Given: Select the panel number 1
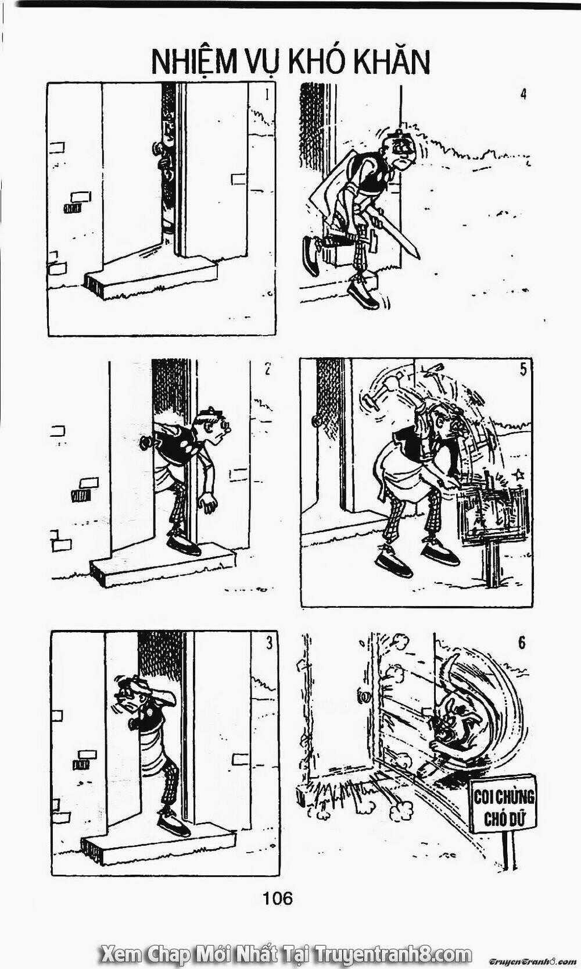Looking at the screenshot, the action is (267, 94).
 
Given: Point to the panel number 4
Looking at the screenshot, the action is (523, 94).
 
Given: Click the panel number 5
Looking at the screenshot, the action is (523, 369).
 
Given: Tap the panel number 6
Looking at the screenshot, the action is (522, 643).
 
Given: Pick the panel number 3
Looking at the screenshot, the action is (268, 644).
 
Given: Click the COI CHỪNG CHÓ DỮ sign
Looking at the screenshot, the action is (504, 803).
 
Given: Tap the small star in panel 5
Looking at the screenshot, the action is (518, 475).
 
